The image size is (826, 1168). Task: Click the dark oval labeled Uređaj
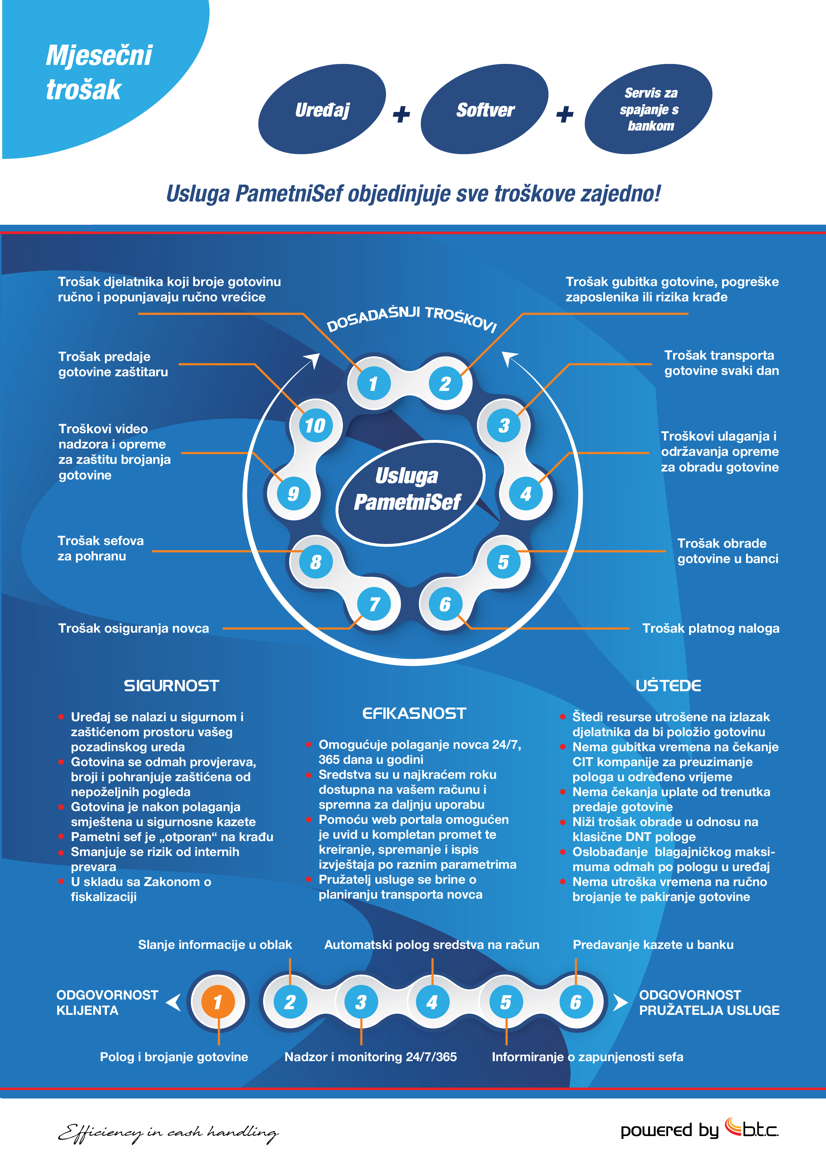pyautogui.click(x=322, y=109)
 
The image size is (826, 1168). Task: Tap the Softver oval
pyautogui.click(x=485, y=109)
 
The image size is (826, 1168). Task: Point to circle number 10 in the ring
pyautogui.click(x=315, y=425)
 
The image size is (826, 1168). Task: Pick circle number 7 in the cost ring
pyautogui.click(x=375, y=604)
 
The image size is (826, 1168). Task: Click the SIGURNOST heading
pyautogui.click(x=172, y=686)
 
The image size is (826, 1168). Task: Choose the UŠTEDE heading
pyautogui.click(x=668, y=686)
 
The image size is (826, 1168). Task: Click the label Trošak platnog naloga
pyautogui.click(x=710, y=628)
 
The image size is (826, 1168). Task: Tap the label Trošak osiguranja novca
pyautogui.click(x=133, y=628)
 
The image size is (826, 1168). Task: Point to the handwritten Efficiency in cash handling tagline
pyautogui.click(x=168, y=1132)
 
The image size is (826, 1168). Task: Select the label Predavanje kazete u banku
pyautogui.click(x=653, y=945)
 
